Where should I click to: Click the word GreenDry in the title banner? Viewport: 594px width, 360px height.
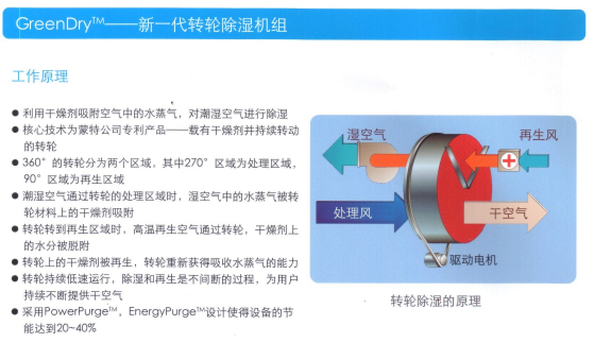click(54, 24)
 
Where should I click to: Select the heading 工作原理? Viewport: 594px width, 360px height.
click(40, 76)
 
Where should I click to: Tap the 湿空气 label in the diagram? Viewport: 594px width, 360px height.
click(366, 134)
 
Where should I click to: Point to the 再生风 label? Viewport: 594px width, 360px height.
click(538, 135)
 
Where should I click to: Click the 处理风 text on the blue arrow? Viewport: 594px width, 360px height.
click(352, 213)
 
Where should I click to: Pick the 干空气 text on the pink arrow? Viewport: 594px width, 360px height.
click(508, 213)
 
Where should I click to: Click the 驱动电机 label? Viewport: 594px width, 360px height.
click(473, 260)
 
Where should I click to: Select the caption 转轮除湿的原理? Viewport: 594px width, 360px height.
click(436, 301)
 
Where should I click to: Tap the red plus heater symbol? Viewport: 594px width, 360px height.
click(509, 161)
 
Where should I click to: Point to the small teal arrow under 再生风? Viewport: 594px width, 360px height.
click(534, 161)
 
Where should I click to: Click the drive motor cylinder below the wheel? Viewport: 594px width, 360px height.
click(435, 260)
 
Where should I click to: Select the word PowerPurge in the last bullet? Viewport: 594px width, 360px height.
click(76, 312)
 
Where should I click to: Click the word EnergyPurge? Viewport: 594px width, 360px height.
click(162, 312)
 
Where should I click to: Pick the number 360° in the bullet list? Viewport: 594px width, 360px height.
click(33, 163)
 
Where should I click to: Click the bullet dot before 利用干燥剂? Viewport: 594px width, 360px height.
click(15, 113)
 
